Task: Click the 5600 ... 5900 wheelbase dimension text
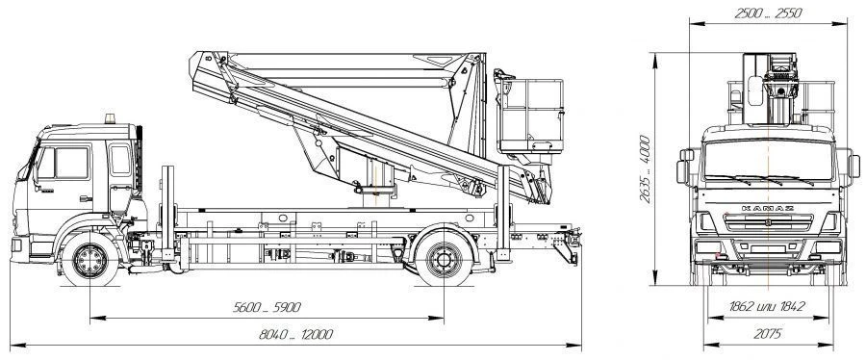(x=267, y=308)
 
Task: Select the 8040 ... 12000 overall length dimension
(x=295, y=334)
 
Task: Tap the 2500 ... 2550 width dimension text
(x=768, y=13)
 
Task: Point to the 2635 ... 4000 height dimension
(x=645, y=169)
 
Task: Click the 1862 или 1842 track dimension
(x=767, y=306)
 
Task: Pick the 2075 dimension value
(x=767, y=333)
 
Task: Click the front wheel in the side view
(x=90, y=260)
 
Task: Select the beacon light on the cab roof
(x=111, y=118)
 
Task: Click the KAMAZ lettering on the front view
(x=768, y=208)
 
